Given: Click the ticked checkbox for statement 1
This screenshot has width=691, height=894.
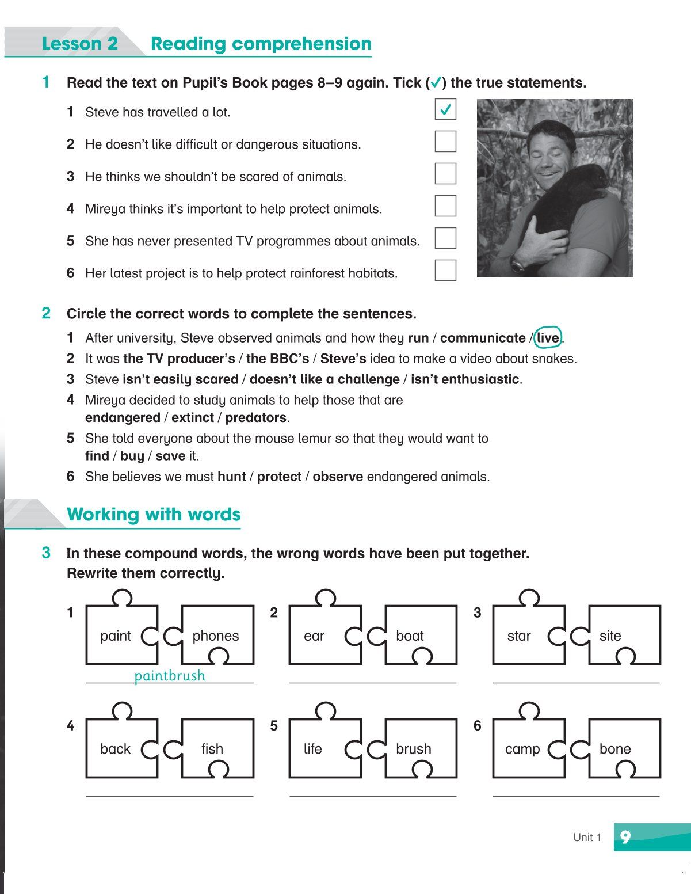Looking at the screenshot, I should tap(445, 109).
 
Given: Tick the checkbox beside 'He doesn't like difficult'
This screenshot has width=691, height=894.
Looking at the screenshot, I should tap(445, 142).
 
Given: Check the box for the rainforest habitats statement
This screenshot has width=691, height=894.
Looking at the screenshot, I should tap(445, 271).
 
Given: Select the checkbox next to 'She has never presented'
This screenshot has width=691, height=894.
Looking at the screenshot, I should tap(445, 238).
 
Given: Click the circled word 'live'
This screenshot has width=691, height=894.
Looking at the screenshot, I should tap(548, 338).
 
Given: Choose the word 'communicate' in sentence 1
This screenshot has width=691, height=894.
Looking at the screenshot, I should tap(483, 338).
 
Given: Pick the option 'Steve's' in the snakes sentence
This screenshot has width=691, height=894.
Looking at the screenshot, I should tap(343, 359).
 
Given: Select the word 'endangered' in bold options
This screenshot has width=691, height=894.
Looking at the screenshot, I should tap(122, 417).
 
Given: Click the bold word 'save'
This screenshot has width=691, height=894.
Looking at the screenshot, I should tap(170, 456).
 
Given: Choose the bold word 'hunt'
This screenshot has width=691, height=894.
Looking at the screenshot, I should tap(231, 477).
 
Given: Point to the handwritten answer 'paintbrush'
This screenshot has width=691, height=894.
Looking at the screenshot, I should tap(169, 675).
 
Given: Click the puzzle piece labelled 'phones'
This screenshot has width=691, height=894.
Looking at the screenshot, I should tap(216, 636).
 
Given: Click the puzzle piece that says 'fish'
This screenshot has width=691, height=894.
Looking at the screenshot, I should tap(215, 748).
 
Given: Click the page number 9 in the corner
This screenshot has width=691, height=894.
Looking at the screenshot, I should tap(625, 836).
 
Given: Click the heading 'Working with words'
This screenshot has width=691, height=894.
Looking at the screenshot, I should tap(154, 514).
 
